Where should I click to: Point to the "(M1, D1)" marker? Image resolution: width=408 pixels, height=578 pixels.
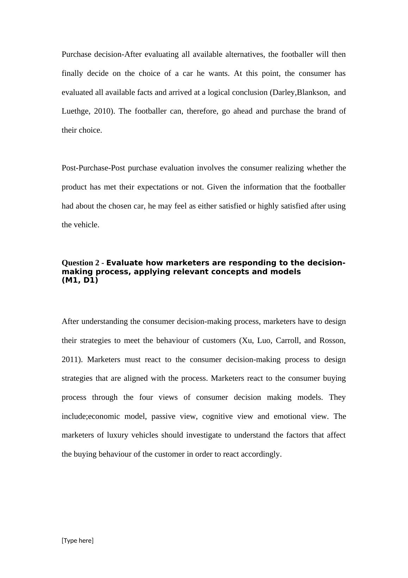[80, 281]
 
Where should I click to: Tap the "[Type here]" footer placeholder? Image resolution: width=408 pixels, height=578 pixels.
[78, 541]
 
